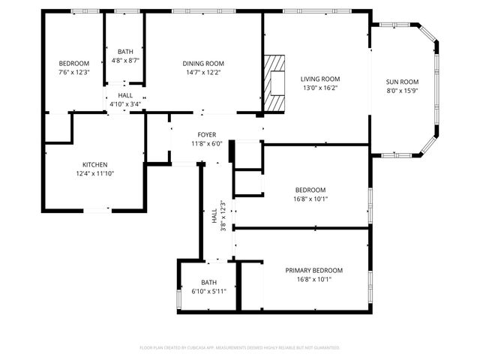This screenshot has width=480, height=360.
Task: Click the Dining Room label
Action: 203,64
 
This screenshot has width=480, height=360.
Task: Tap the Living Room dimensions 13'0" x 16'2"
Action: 320,88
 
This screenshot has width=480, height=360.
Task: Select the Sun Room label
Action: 402,82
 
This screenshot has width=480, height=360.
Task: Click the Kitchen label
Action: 94,165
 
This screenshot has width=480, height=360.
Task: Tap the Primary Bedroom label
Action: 313,271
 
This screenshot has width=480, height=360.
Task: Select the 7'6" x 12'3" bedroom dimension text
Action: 74,72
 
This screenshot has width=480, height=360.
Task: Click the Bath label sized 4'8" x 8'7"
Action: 125,52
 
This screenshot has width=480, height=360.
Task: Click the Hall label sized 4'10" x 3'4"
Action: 125,96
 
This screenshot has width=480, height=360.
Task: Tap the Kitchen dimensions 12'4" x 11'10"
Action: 94,174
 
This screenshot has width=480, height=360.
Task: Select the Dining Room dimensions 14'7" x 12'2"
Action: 203,73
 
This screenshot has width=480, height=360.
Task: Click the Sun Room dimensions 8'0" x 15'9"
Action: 402,91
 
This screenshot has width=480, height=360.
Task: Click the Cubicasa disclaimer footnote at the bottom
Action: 240,348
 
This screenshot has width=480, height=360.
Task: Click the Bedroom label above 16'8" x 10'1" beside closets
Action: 310,190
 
